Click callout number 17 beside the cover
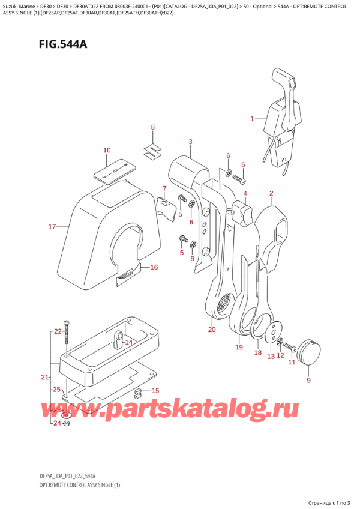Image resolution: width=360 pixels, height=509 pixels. (x=52, y=227)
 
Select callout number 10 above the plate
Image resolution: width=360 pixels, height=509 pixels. (x=107, y=151)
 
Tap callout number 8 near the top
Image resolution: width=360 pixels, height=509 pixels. (x=152, y=127)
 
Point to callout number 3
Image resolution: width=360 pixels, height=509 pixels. (x=190, y=142)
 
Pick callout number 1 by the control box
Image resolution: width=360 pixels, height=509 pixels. (x=253, y=119)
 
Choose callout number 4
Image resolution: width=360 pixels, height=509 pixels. (x=245, y=193)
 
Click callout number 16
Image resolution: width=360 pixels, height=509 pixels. (x=154, y=267)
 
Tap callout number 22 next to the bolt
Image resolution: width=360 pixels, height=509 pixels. (x=58, y=331)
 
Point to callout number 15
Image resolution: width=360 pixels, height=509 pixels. (x=156, y=391)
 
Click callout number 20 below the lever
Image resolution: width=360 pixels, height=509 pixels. (x=212, y=330)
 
